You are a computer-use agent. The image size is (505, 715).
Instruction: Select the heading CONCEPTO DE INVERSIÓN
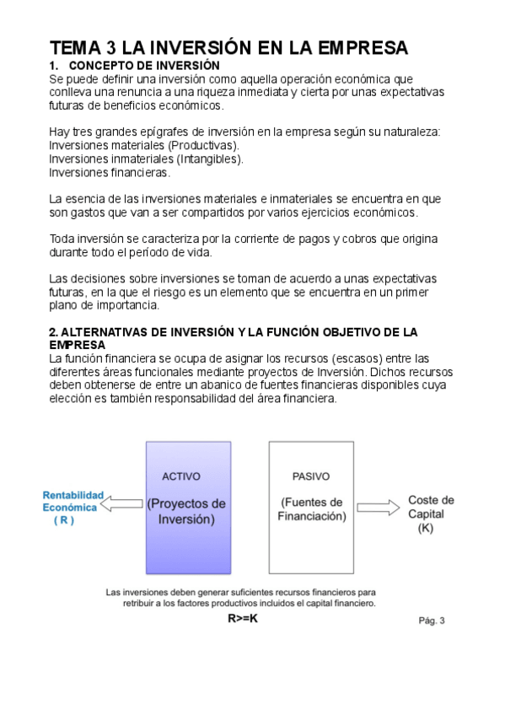pyautogui.click(x=143, y=66)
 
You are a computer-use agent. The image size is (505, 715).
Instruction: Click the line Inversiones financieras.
pyautogui.click(x=110, y=173)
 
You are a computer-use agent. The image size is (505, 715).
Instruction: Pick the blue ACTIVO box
pyautogui.click(x=188, y=507)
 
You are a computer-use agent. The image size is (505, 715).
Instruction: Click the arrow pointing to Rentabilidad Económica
pyautogui.click(x=123, y=504)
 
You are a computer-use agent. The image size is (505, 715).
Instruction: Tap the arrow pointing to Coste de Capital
pyautogui.click(x=377, y=507)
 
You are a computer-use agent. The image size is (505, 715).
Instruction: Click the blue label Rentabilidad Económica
pyautogui.click(x=73, y=501)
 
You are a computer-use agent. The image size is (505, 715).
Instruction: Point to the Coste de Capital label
pyautogui.click(x=430, y=507)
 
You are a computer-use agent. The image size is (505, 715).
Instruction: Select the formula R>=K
pyautogui.click(x=243, y=618)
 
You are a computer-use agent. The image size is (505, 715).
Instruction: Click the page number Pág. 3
pyautogui.click(x=431, y=621)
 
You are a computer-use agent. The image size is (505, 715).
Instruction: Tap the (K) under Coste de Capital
pyautogui.click(x=425, y=528)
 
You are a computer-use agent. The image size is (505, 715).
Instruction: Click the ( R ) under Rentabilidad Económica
pyautogui.click(x=64, y=520)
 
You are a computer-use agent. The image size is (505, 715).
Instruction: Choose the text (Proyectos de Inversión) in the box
pyautogui.click(x=187, y=512)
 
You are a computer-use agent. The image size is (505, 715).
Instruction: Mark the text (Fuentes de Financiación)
pyautogui.click(x=311, y=509)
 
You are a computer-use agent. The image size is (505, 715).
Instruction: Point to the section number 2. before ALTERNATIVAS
pyautogui.click(x=54, y=332)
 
